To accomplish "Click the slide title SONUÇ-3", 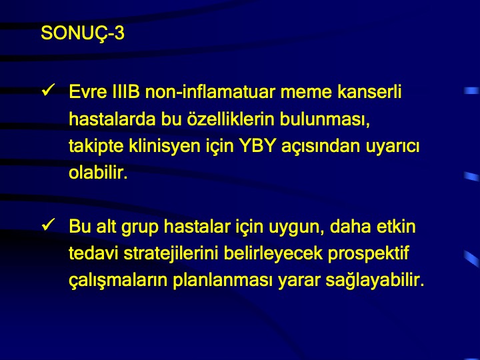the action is click(83, 33).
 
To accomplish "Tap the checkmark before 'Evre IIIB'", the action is click(48, 90).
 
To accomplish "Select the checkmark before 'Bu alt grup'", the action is click(48, 225).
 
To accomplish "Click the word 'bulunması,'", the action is click(325, 119).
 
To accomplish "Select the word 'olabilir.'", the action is click(98, 173).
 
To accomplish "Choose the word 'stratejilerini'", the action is click(171, 253).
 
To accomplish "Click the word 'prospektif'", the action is click(369, 254).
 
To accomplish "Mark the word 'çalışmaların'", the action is click(118, 281).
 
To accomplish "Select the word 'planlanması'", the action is click(223, 281).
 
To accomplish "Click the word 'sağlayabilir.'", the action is click(375, 281).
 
